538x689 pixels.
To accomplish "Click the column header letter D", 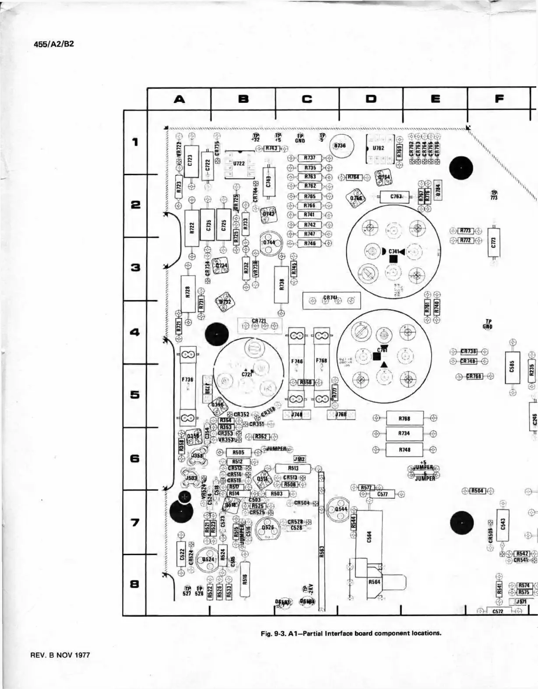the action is click(371, 99).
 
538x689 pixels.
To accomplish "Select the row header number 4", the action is click(135, 332).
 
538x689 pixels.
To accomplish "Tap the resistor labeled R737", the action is click(309, 158).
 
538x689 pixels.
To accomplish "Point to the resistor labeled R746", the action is click(309, 243).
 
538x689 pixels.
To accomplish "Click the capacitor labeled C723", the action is click(190, 162).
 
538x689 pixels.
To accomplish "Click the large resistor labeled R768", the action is click(404, 418).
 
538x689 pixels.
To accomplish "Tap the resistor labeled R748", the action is click(404, 449).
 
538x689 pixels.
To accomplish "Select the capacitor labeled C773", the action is click(493, 242).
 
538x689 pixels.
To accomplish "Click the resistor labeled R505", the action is click(238, 452).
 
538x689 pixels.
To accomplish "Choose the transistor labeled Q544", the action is click(339, 509).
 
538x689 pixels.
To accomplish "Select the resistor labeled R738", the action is click(281, 285).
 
